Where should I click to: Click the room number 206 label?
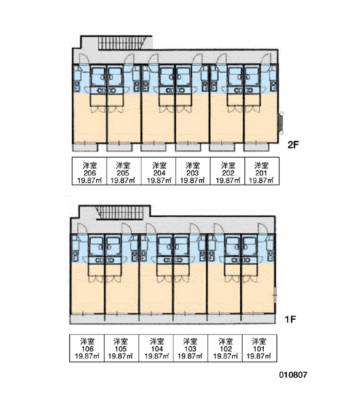[x=90, y=173]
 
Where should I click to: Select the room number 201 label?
[x=261, y=173]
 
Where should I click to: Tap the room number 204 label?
[x=159, y=173]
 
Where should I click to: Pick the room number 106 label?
[x=87, y=348]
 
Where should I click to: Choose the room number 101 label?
[x=259, y=348]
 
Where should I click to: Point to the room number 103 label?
[x=190, y=348]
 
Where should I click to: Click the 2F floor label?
[x=293, y=145]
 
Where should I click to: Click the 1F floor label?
[x=291, y=320]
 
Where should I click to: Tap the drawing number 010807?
[x=293, y=375]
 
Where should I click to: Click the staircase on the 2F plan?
[x=122, y=43]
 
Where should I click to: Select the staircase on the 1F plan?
[x=120, y=212]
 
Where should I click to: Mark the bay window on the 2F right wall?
[x=281, y=122]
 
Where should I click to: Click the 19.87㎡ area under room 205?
[x=123, y=180]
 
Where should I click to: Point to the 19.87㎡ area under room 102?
[x=225, y=356]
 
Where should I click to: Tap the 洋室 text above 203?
[x=192, y=166]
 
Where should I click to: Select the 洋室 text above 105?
[x=120, y=341]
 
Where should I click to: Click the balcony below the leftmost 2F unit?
[x=85, y=147]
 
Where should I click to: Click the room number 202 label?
[x=228, y=173]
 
